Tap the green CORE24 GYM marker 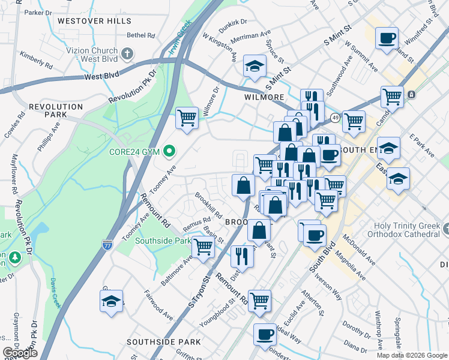coord(170,151)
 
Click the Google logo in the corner coord(19,353)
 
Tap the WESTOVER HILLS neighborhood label coord(94,21)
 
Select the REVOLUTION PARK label coord(55,110)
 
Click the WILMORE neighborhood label coord(264,97)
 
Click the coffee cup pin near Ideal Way coord(265,335)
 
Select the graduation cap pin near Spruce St coord(255,67)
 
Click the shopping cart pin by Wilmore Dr coord(187,118)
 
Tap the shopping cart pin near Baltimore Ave coord(203,247)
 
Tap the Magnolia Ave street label coord(352,266)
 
